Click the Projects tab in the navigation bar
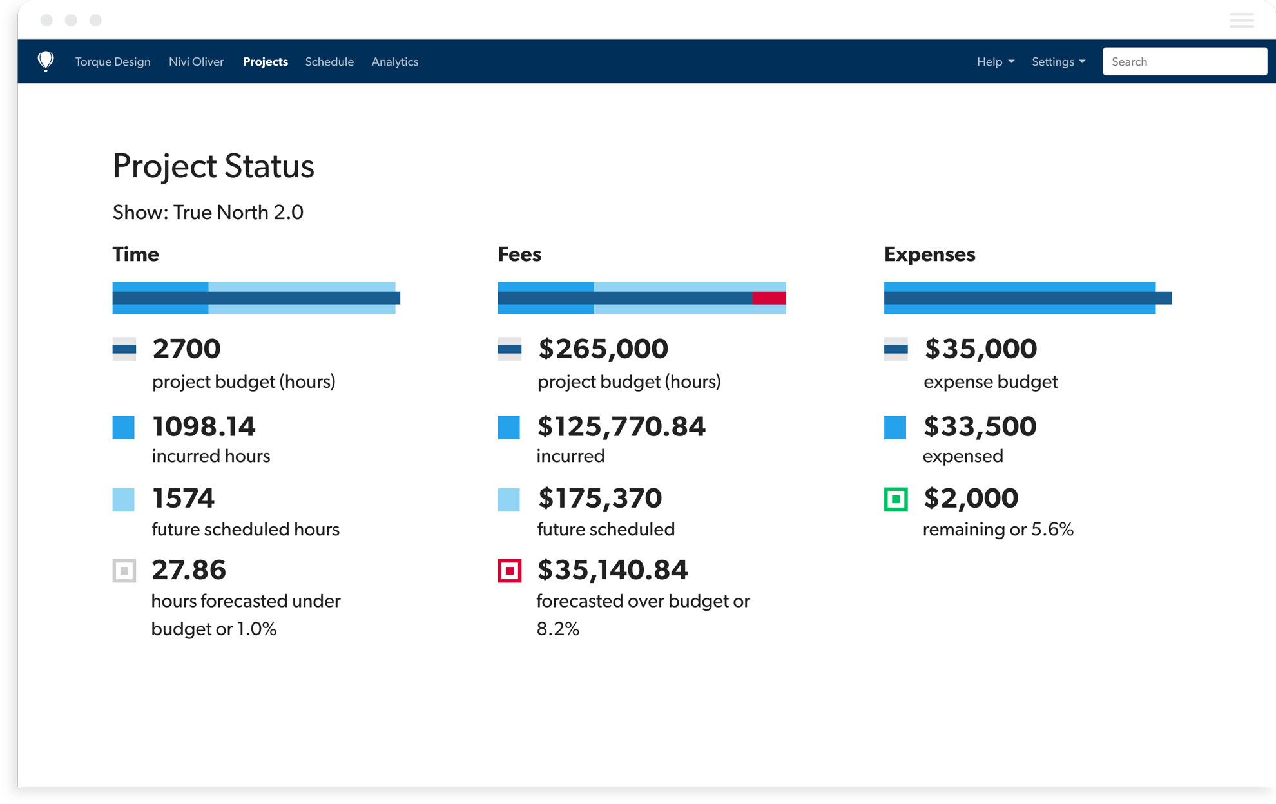pos(265,62)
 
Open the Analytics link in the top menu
pos(394,62)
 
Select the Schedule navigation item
pos(329,62)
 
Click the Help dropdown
pos(994,62)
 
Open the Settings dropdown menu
pos(1058,62)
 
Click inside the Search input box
pos(1184,62)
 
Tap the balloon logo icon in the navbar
pos(46,61)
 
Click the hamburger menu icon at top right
pos(1241,21)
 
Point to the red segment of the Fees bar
pos(769,298)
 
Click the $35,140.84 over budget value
pos(612,570)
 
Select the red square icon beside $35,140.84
pos(509,571)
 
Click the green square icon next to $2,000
pos(895,499)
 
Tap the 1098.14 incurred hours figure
pos(204,426)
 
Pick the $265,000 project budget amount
pos(603,349)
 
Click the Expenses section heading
pos(929,254)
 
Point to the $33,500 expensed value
pos(980,426)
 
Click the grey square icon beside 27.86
pos(124,571)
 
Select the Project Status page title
pos(213,166)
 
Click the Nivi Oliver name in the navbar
pos(196,62)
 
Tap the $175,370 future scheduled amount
pos(599,499)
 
